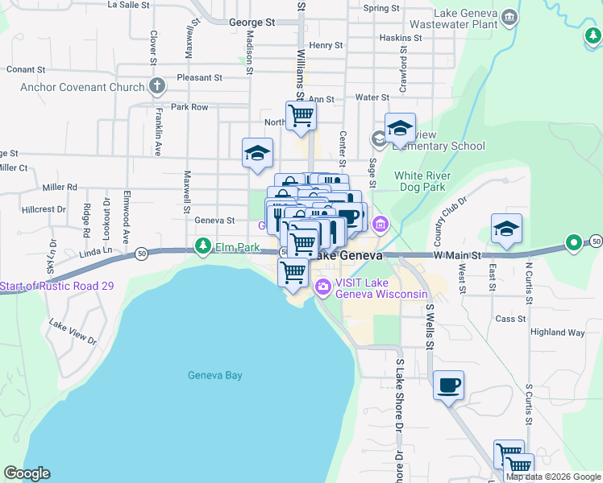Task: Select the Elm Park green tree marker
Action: coord(204,246)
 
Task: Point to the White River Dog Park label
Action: coord(431,181)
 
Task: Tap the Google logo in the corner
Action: coord(27,473)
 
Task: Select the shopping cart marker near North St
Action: coord(301,114)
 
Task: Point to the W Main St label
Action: coord(457,256)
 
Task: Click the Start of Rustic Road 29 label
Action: coord(56,286)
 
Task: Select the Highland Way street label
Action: coord(557,332)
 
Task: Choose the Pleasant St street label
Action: coord(201,78)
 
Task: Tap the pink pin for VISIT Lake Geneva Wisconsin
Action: coord(323,287)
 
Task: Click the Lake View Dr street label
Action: coord(73,332)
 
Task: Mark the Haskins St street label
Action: coord(401,38)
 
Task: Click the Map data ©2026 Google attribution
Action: coord(554,477)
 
